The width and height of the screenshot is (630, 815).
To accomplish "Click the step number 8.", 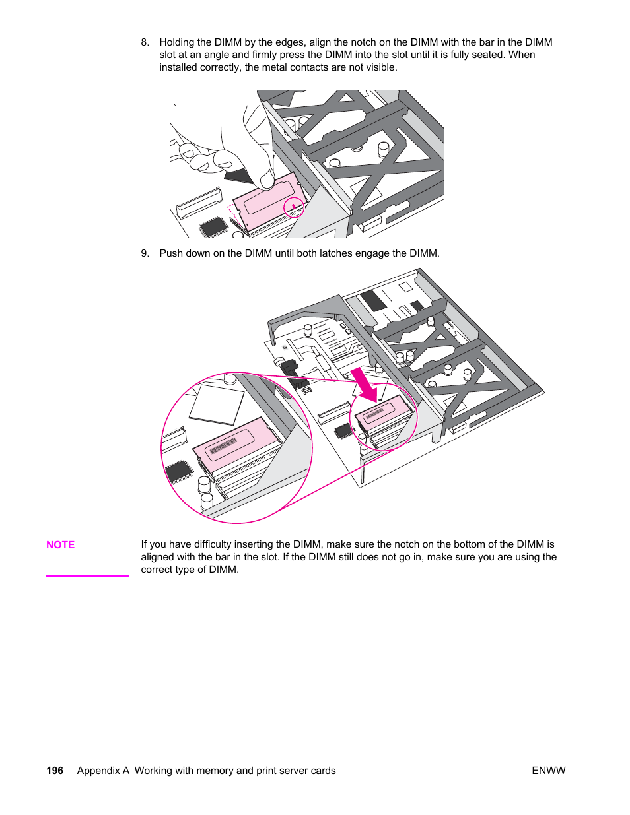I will pos(145,42).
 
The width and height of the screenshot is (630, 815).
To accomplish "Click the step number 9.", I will pos(145,253).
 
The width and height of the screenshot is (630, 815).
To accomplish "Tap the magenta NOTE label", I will pos(60,545).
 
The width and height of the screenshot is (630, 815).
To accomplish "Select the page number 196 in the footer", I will pos(55,771).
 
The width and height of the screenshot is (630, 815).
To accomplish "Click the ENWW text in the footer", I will pos(548,771).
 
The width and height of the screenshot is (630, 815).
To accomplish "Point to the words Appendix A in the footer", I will pos(103,771).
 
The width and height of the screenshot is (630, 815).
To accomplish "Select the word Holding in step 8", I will pos(177,42).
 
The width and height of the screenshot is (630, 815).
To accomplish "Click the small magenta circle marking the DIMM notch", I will pos(294,208).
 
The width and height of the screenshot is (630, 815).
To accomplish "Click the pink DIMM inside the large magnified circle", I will pos(234,445).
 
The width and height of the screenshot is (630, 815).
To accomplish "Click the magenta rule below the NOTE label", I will pos(87,576).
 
